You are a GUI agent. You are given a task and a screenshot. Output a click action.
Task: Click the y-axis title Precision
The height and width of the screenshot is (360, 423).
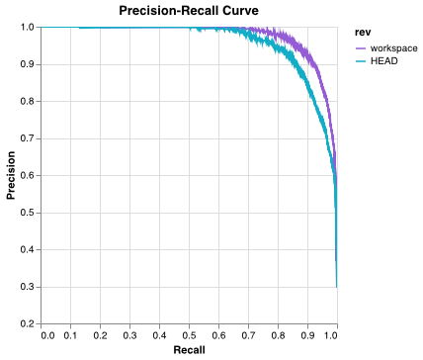click(11, 175)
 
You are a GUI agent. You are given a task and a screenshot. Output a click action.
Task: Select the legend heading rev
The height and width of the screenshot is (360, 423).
click(362, 32)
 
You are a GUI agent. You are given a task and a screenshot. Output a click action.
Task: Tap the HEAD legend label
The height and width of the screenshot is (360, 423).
click(384, 61)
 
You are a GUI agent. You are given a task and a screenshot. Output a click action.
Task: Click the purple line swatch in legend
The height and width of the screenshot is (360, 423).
click(361, 47)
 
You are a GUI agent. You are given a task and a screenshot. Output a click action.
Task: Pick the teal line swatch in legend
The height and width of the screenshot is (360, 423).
click(361, 61)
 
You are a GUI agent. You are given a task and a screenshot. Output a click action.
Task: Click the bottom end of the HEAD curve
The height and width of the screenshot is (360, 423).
click(336, 286)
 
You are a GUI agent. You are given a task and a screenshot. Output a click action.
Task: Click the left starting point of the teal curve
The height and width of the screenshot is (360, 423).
click(79, 28)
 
